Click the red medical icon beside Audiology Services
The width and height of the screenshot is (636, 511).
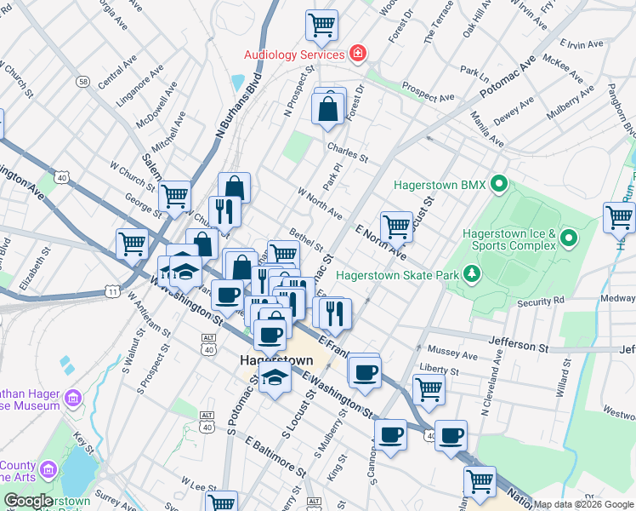(x=359, y=55)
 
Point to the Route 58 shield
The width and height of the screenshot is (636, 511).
(x=82, y=82)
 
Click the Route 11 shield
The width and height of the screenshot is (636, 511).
(x=112, y=291)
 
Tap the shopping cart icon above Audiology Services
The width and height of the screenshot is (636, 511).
(x=321, y=25)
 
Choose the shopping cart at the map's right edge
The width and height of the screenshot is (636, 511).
(x=619, y=217)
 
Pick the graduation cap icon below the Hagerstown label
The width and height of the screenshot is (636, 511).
(x=275, y=378)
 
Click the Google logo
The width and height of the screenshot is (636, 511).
(x=27, y=501)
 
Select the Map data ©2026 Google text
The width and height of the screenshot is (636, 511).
(x=583, y=504)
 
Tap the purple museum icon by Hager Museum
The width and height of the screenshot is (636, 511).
(x=74, y=398)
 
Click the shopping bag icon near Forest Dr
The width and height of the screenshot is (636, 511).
(x=328, y=110)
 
